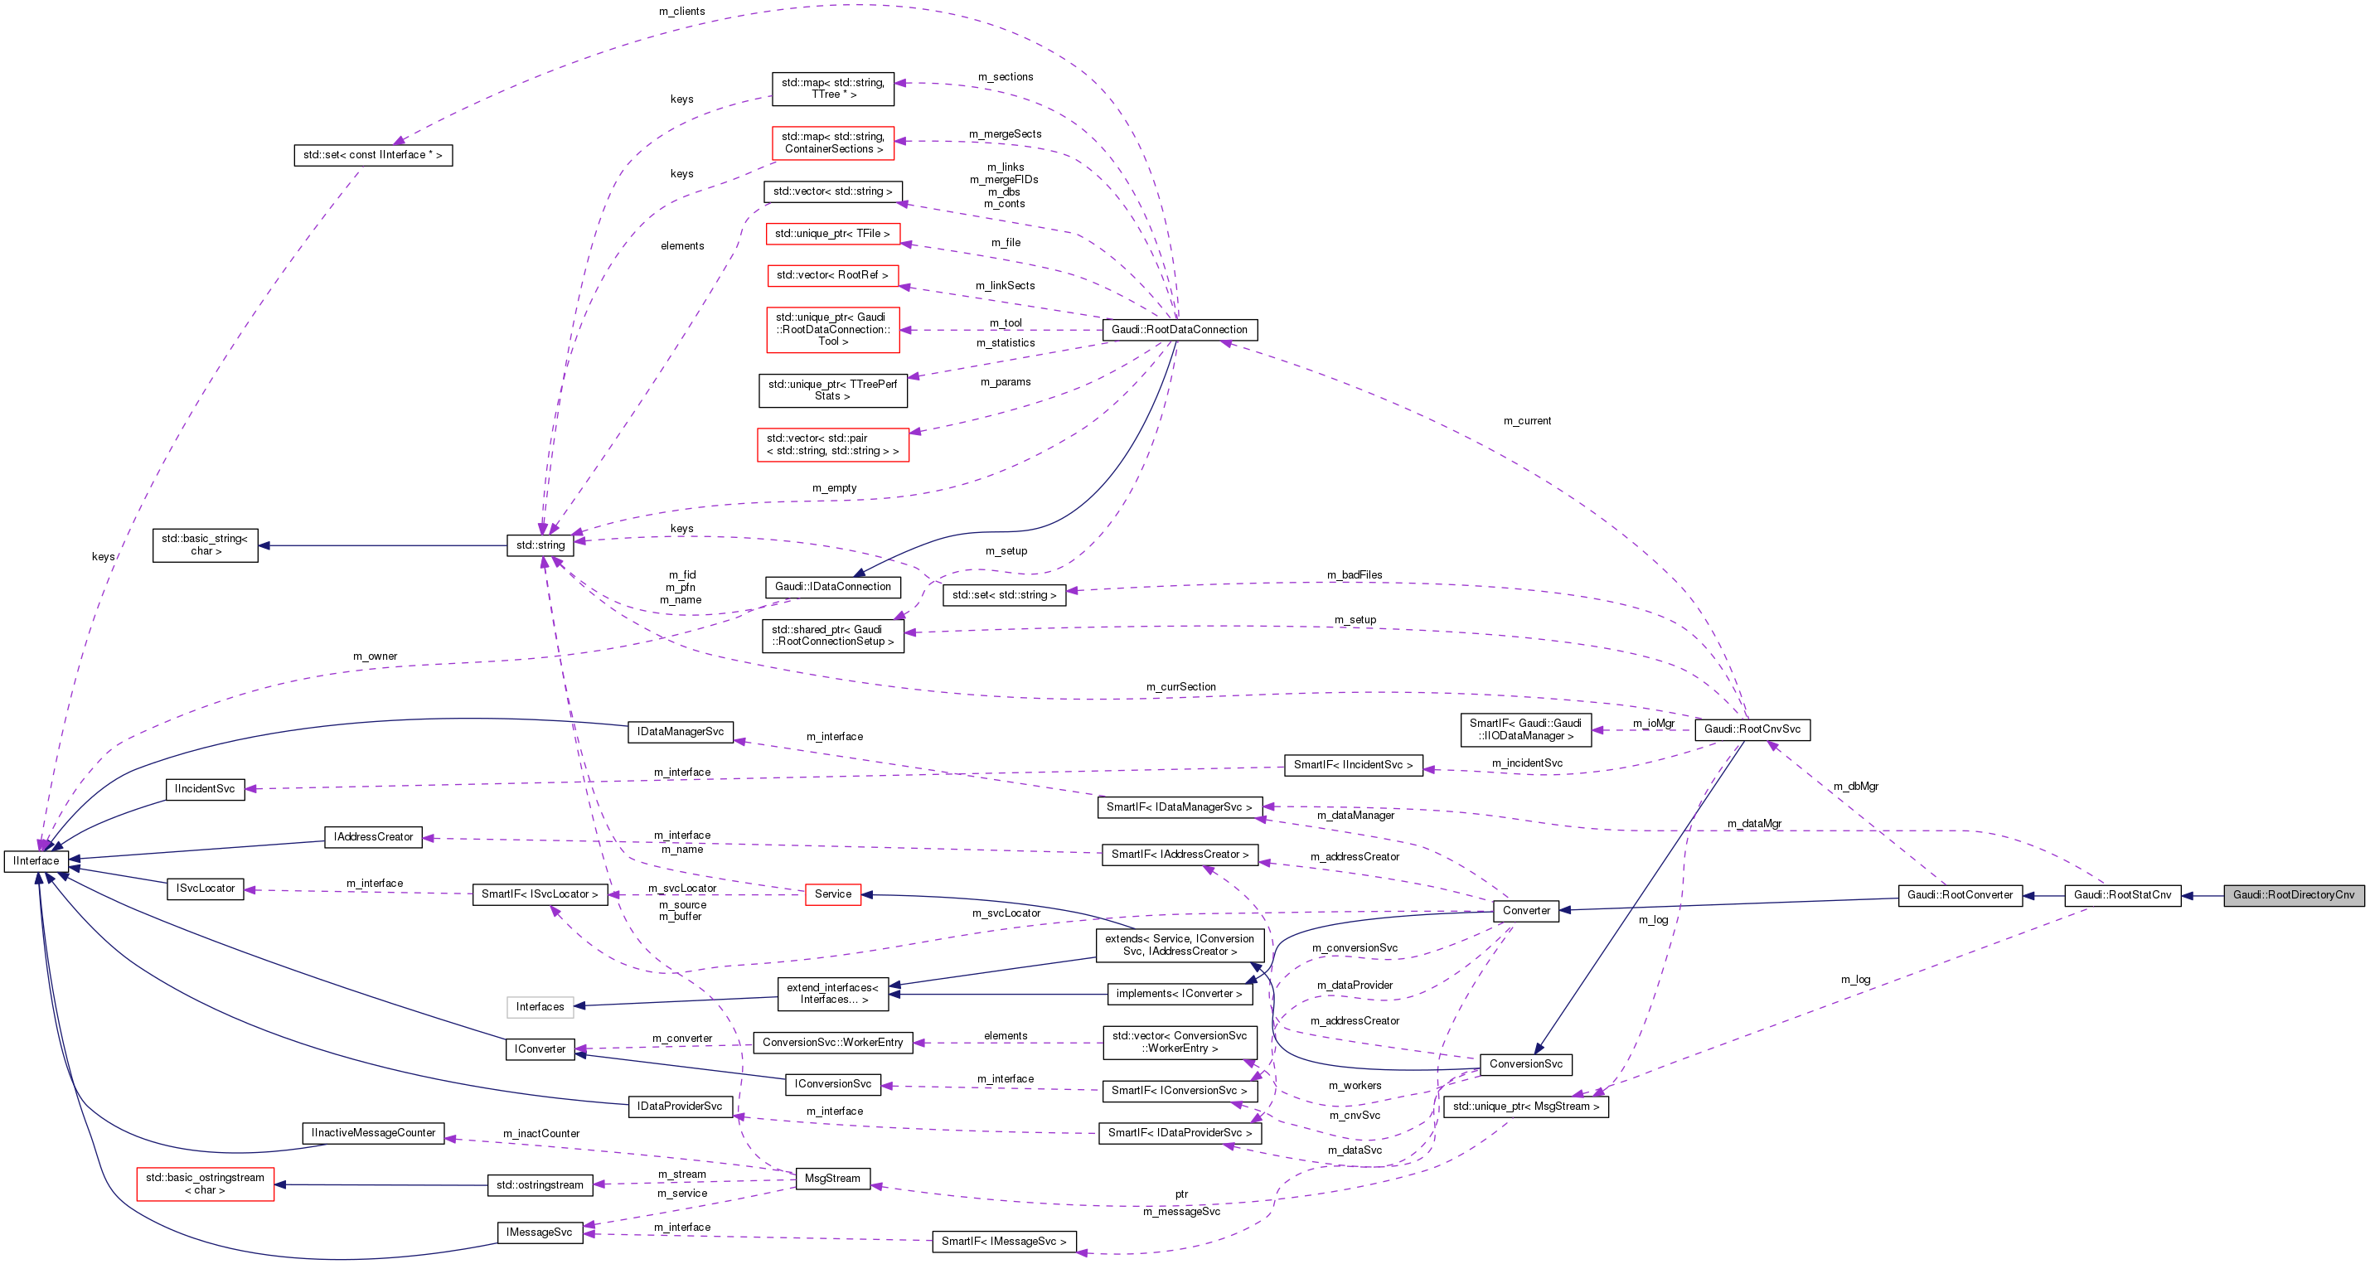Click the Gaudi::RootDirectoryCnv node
[2293, 895]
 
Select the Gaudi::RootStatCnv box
[2121, 895]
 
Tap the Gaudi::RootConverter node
[1960, 895]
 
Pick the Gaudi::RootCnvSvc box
[1752, 729]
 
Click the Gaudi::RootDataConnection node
[1180, 329]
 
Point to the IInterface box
[36, 861]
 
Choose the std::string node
[540, 545]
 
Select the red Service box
[832, 894]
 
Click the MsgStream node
[831, 1179]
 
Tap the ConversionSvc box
[1525, 1064]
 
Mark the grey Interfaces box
[540, 1007]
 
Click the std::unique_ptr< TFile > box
[831, 234]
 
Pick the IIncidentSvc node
[204, 789]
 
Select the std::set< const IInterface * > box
[372, 156]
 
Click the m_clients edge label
[681, 12]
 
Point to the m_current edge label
[1526, 421]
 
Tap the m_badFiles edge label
[1355, 575]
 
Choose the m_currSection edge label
[1180, 687]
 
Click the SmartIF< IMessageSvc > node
[1004, 1242]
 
